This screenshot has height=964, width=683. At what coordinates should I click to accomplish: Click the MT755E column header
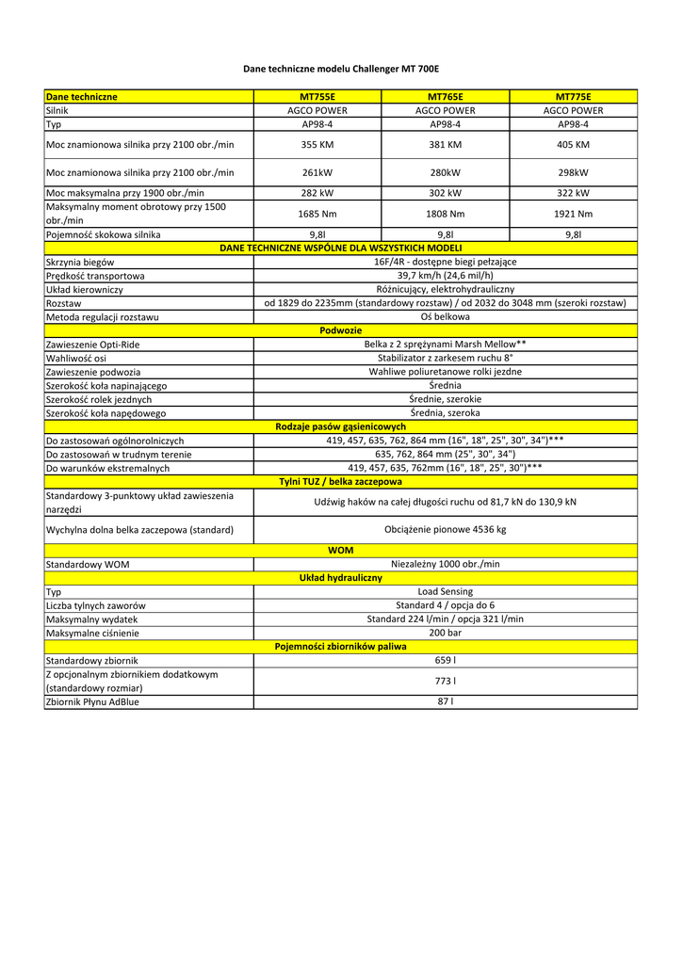317,96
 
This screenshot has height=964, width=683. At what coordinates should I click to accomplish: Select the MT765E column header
446,96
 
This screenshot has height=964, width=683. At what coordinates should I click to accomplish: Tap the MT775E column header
574,96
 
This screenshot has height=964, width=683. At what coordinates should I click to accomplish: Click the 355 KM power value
317,145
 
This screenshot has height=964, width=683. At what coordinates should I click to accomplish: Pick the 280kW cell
446,172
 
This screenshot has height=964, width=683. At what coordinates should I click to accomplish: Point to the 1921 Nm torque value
574,214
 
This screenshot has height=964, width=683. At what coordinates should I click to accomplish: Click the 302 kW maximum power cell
446,193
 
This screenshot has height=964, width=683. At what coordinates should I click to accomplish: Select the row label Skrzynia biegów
81,262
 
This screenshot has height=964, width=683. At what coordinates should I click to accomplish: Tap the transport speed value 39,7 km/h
446,276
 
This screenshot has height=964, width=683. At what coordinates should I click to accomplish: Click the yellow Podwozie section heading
341,330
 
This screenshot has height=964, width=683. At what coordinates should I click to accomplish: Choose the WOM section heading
341,550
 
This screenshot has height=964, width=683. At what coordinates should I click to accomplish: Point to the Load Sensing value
446,592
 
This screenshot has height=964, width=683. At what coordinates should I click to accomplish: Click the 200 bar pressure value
446,634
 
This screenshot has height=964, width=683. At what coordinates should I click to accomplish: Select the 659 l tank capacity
446,661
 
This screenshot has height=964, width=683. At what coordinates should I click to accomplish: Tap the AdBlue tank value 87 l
446,701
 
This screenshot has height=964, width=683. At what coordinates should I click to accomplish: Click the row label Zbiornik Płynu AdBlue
92,701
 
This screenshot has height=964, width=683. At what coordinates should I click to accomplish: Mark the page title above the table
341,69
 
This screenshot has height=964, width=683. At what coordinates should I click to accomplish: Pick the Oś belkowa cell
446,317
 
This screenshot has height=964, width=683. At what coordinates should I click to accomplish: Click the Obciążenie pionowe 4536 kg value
446,530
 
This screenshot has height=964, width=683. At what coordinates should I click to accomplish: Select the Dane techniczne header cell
82,96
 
